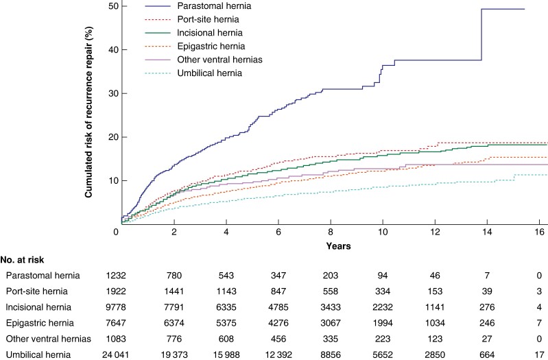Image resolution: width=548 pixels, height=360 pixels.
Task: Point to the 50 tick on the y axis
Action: click(x=115, y=6)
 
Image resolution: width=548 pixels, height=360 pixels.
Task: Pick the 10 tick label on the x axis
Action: click(x=383, y=232)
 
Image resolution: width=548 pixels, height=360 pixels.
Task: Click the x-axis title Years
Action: click(x=338, y=246)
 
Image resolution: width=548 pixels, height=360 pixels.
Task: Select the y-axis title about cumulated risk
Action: click(x=88, y=112)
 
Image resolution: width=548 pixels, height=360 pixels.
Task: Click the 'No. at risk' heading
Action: click(x=23, y=260)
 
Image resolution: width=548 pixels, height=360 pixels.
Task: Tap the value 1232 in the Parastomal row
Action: click(x=116, y=276)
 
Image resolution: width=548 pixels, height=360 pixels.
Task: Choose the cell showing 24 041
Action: click(x=115, y=355)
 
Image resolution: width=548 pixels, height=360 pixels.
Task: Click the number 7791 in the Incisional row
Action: click(x=174, y=307)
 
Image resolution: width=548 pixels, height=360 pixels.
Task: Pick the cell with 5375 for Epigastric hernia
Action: click(x=226, y=323)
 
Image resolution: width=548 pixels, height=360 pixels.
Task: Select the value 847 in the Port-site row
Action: click(x=278, y=291)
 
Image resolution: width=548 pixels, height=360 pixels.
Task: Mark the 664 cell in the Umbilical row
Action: click(x=487, y=355)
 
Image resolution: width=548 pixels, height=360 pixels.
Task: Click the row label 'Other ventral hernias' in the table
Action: click(x=48, y=339)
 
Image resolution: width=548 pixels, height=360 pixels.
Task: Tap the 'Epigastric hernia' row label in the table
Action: click(x=40, y=323)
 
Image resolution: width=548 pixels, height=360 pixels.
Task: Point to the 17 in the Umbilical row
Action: click(x=539, y=355)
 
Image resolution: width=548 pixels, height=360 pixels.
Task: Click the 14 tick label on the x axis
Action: click(x=487, y=232)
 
